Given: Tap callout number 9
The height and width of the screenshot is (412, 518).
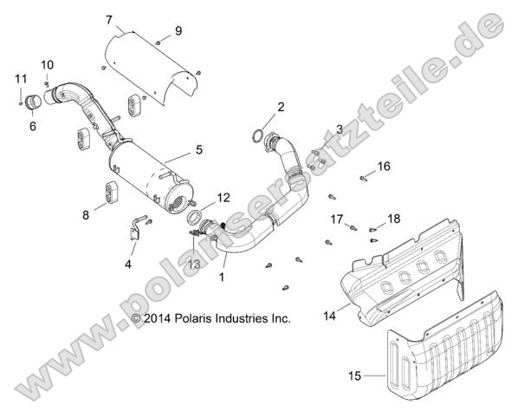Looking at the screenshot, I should (178, 30).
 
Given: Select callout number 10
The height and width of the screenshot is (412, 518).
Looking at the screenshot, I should (47, 64).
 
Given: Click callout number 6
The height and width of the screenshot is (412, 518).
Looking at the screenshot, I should (33, 126).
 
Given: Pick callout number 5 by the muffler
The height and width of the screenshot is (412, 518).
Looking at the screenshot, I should (198, 150).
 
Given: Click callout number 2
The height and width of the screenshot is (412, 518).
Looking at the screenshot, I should (256, 107).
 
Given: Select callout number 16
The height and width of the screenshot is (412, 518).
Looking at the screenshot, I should (383, 166).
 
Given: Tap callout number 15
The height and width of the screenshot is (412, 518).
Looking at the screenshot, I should (353, 376).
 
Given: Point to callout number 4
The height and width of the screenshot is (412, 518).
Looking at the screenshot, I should (128, 263).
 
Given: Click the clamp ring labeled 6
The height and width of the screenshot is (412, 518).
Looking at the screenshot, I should (35, 101).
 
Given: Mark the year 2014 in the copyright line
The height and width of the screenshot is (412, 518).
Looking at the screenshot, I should (161, 319).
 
